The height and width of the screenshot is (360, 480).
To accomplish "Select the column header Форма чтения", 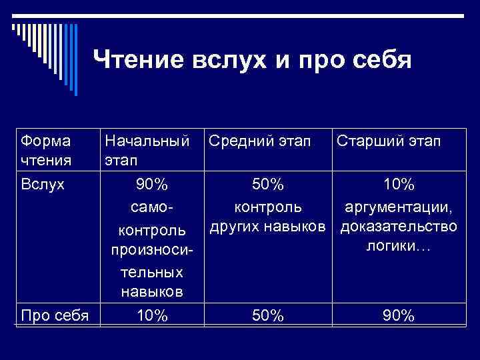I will (47, 151).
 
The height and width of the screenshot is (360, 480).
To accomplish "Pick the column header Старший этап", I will (389, 141).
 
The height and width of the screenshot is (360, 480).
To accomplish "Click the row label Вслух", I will (43, 183).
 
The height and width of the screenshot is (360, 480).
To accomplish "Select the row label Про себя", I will (55, 315).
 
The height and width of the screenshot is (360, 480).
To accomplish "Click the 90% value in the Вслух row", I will (152, 183).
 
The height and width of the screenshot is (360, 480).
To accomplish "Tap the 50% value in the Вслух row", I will (268, 183).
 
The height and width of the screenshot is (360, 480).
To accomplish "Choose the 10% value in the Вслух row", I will (398, 183).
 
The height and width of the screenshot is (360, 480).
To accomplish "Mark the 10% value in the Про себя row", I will (152, 315).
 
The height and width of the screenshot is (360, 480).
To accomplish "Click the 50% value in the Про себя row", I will (268, 315).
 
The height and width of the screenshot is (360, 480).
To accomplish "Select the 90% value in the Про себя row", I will (398, 315).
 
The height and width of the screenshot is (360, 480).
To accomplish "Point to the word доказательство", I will (399, 227).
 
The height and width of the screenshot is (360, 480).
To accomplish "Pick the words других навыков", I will (268, 227).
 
